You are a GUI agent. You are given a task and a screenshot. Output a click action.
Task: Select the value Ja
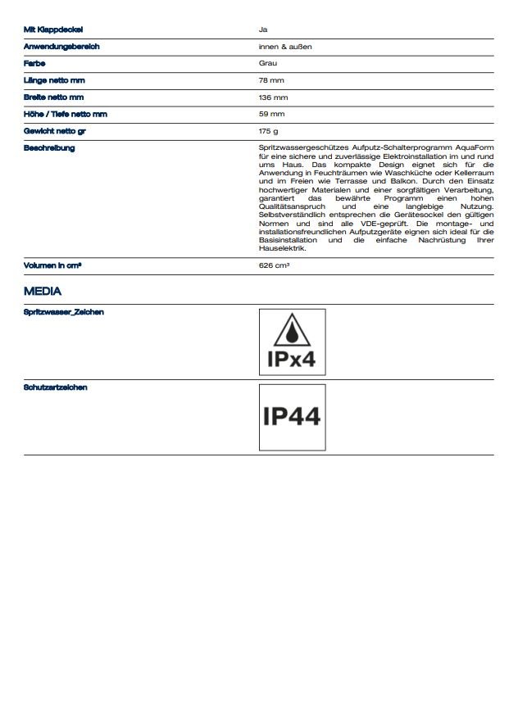(262, 29)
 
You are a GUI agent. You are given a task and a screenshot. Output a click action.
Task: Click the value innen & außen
(285, 47)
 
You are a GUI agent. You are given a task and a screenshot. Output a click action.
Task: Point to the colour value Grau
(267, 63)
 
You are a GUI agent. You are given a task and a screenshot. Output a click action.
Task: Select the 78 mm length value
(271, 80)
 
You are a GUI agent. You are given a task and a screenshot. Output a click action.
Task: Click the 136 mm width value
(273, 97)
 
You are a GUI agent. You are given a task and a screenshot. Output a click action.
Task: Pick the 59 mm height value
(271, 114)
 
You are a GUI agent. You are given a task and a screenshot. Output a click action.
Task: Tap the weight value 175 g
(269, 131)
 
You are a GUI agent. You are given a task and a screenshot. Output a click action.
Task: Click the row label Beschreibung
(49, 148)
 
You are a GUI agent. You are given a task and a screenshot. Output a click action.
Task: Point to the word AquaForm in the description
(474, 147)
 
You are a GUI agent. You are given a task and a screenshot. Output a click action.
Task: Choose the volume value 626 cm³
(274, 266)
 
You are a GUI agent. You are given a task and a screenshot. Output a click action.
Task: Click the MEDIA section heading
(43, 291)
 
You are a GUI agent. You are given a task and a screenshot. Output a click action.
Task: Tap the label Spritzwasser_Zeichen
(64, 312)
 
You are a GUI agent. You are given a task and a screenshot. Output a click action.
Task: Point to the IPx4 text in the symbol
(292, 360)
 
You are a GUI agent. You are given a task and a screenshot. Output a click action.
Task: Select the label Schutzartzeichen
(56, 387)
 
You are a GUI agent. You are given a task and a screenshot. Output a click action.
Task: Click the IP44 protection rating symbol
(292, 417)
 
